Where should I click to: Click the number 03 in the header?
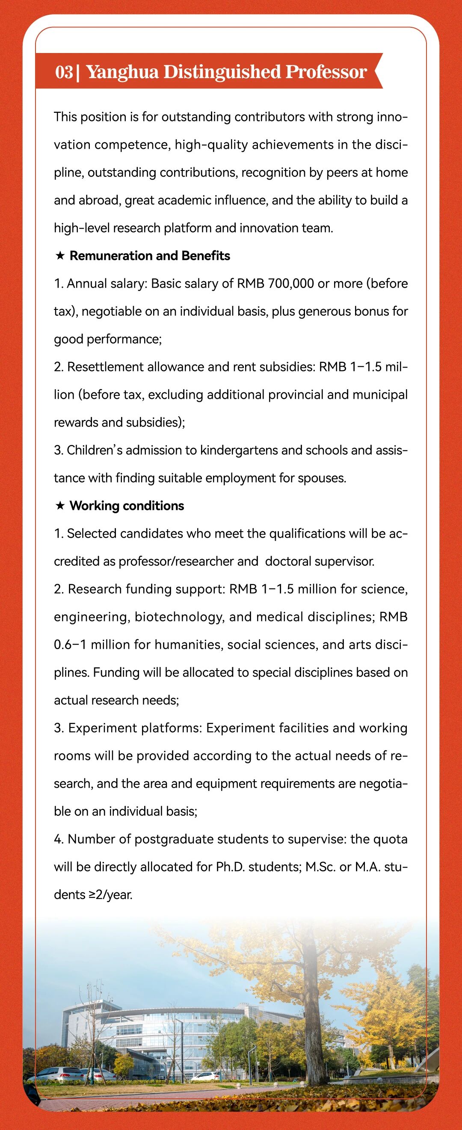[64, 72]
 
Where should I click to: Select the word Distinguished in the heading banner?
[222, 72]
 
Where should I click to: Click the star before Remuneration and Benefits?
[60, 256]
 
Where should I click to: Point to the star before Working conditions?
[60, 506]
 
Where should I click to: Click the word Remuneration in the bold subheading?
[111, 256]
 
